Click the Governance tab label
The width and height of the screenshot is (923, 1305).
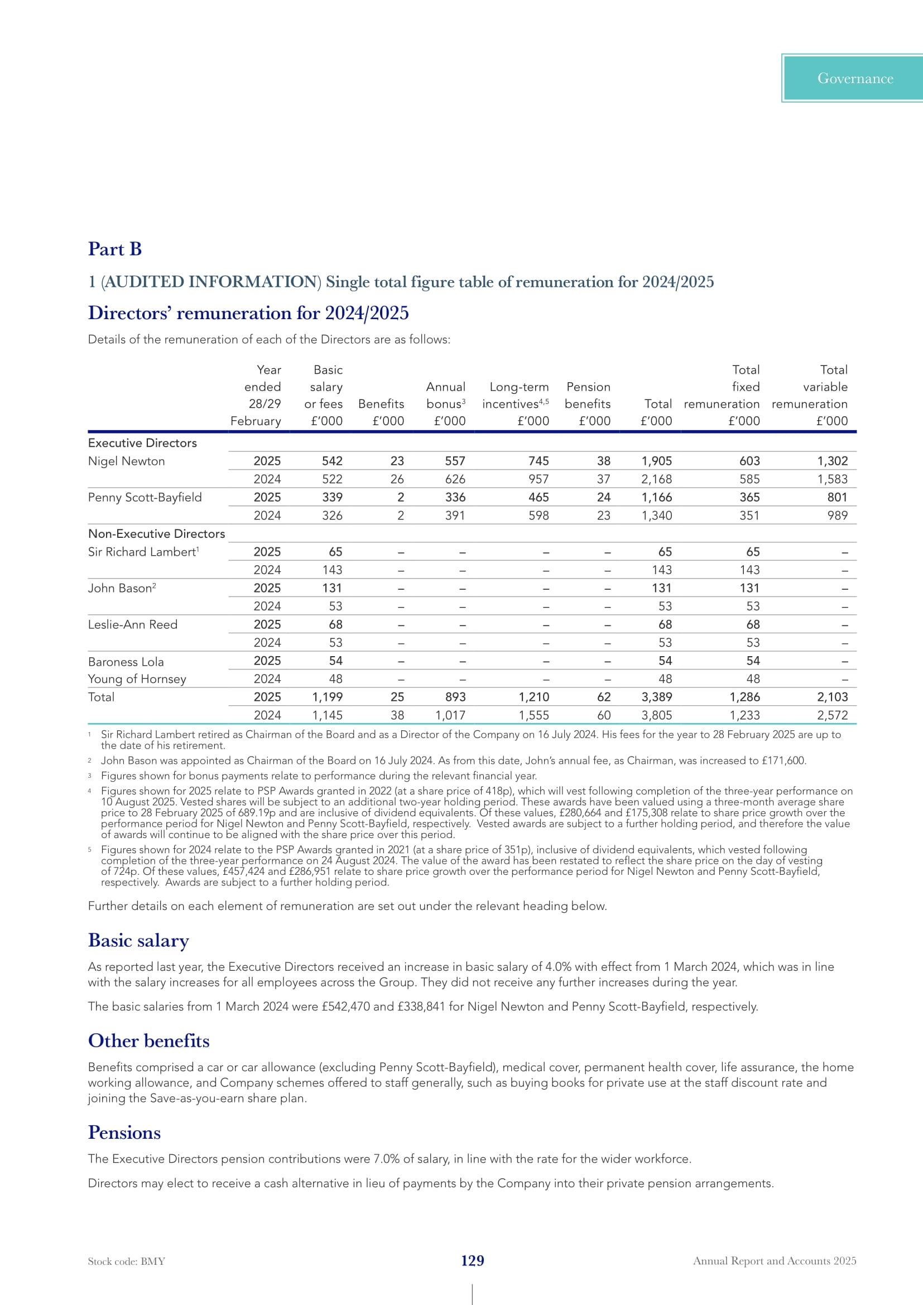pos(855,79)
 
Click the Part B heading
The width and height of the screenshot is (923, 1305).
pos(114,249)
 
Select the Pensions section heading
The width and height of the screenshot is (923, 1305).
pos(124,1132)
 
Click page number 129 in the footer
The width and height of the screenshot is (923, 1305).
pos(472,1261)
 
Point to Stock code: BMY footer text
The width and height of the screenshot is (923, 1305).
pos(126,1261)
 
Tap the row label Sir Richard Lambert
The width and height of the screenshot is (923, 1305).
pos(142,552)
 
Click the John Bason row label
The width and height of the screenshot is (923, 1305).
pos(120,588)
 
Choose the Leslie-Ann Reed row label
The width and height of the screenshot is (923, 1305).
pos(132,625)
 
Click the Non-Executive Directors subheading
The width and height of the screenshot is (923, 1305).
pos(156,534)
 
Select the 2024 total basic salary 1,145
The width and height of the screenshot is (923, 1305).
pos(328,715)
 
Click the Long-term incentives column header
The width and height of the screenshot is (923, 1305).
pos(516,396)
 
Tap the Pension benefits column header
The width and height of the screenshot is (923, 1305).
pos(588,396)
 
